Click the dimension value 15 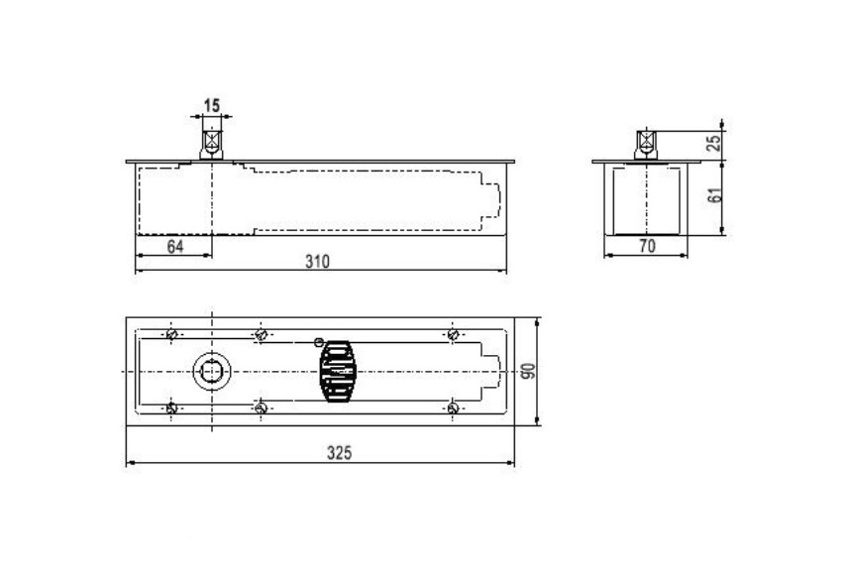(x=212, y=105)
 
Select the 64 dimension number (x=175, y=246)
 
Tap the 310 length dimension (x=317, y=262)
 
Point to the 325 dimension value (x=340, y=452)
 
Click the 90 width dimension (x=529, y=372)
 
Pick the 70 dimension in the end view (x=647, y=246)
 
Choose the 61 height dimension (x=715, y=195)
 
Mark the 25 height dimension (x=715, y=143)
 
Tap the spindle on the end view (x=646, y=145)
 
